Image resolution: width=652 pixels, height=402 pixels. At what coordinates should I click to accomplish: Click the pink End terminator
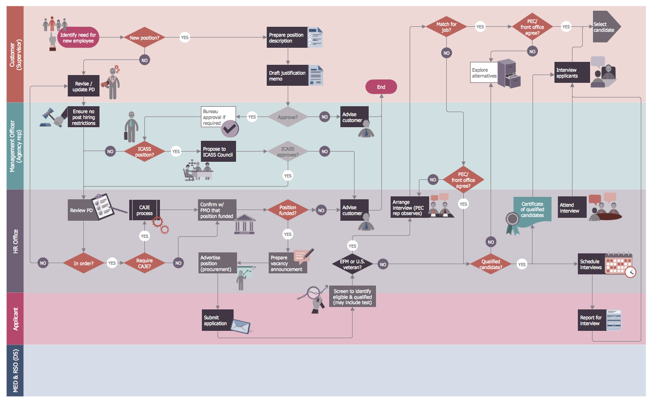(381, 87)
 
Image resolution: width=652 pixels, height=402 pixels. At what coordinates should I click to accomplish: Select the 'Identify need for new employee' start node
(78, 38)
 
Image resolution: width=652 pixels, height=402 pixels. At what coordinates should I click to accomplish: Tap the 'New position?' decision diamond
(144, 38)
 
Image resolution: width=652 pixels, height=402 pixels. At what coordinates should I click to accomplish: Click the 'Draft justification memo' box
(287, 76)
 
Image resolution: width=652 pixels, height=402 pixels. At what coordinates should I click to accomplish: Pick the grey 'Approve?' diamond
(288, 117)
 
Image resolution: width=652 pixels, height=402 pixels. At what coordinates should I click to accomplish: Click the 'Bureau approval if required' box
(218, 117)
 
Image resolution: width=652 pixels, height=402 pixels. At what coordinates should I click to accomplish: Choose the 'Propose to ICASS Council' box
(218, 152)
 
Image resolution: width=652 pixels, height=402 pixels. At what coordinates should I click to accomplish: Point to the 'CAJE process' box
(145, 210)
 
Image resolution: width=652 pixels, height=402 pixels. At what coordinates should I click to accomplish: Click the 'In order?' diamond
(83, 263)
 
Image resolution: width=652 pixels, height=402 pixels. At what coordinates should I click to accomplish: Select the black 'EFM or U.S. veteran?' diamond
(353, 264)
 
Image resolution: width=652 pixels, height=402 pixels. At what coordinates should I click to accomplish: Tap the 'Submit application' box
(217, 320)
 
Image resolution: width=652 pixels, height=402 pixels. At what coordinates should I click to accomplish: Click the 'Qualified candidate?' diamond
(490, 264)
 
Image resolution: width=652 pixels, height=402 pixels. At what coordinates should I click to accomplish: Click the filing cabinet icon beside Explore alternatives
(510, 73)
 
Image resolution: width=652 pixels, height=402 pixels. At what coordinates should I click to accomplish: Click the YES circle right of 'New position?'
(185, 38)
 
